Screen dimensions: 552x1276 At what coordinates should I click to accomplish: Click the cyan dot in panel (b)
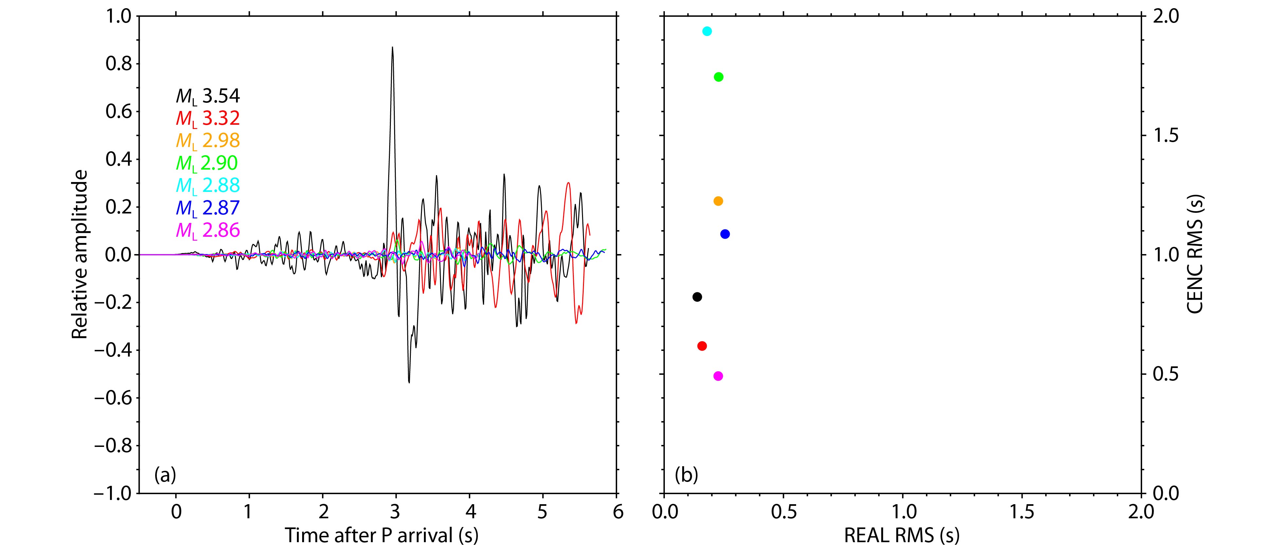tap(707, 31)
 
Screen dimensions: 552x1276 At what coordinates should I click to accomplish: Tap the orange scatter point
tap(718, 201)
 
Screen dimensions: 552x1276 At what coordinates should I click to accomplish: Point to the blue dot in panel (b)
tap(725, 234)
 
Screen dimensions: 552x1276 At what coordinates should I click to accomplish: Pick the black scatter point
tap(697, 297)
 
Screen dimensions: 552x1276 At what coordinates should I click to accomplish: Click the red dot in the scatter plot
tap(702, 346)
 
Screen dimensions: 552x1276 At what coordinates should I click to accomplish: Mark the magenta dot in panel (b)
tap(718, 376)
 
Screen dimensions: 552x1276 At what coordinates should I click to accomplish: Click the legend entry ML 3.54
tap(208, 96)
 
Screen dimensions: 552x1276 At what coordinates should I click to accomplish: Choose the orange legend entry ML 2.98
tap(208, 141)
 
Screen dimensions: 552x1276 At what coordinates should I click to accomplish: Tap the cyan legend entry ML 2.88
tap(208, 185)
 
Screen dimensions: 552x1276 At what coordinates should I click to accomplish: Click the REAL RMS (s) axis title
tap(902, 535)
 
